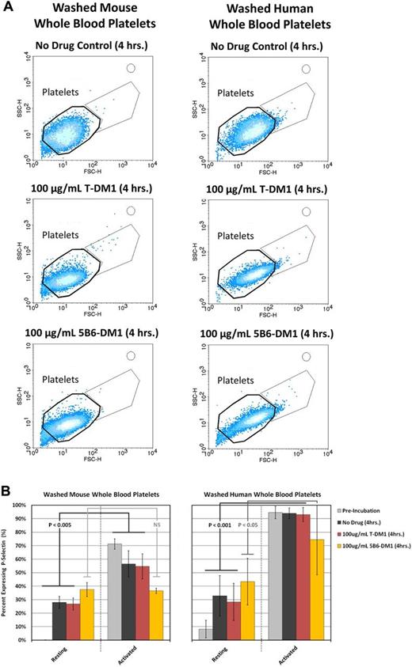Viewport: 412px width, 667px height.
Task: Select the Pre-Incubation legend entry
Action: pyautogui.click(x=360, y=514)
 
